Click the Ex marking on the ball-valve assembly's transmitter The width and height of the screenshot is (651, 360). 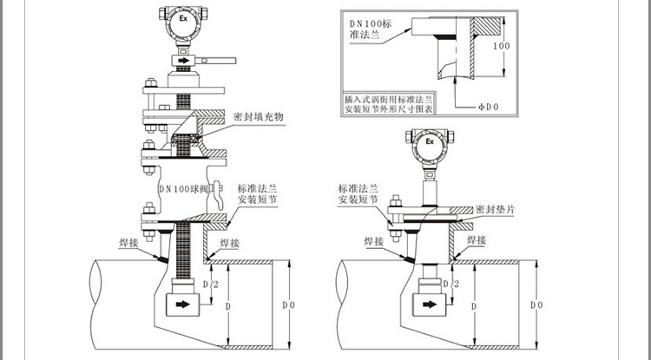(182, 18)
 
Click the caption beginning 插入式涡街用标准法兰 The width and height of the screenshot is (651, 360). (390, 106)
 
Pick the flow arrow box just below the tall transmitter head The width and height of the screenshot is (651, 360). (182, 62)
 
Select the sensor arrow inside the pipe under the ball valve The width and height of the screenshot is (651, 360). (182, 305)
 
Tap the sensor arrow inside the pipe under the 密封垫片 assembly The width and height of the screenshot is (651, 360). (427, 304)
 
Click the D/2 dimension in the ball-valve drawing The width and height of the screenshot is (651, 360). (209, 284)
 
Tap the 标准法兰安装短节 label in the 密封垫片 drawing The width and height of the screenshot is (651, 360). (358, 193)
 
